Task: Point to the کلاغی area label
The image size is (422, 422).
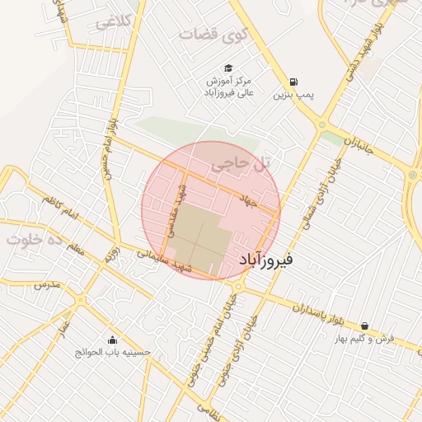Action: [114, 22]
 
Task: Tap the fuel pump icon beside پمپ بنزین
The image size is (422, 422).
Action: [293, 82]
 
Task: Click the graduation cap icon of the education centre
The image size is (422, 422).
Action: [227, 68]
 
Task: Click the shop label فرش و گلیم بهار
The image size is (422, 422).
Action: [364, 338]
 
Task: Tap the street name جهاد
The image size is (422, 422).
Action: [248, 200]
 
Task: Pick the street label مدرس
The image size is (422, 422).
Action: [48, 284]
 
